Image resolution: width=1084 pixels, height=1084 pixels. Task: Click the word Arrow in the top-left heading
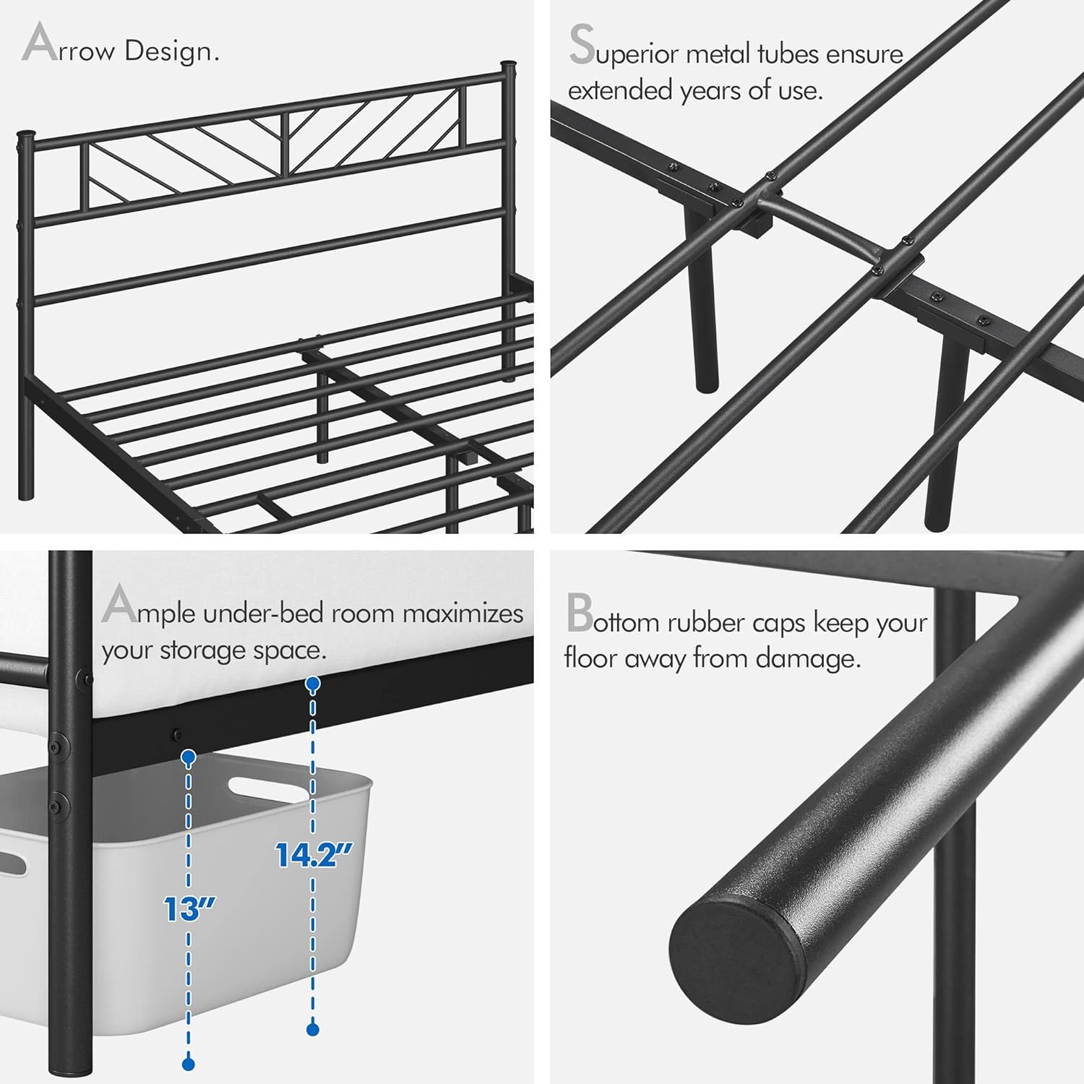click(69, 48)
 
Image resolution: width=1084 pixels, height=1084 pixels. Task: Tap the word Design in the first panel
click(171, 51)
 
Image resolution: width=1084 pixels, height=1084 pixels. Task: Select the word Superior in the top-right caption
click(623, 51)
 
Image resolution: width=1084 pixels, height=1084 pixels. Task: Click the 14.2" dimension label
click(314, 855)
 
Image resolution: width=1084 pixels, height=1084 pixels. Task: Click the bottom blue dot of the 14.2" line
click(312, 1028)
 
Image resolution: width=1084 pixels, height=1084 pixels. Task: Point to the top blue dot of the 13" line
click(189, 757)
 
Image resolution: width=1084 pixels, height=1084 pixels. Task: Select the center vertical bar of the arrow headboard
click(286, 145)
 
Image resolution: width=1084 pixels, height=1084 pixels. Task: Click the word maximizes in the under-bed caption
click(463, 613)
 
